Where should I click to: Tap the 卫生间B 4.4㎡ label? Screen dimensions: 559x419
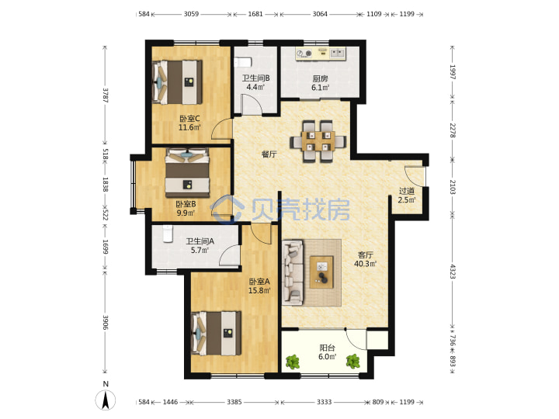point(255,83)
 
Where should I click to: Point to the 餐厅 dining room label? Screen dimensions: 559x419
point(269,154)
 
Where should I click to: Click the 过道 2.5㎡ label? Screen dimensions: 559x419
point(406,196)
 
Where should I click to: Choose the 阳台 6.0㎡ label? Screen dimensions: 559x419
point(327,351)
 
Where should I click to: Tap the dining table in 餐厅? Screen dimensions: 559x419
point(318,141)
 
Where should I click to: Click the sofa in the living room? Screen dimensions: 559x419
point(293,272)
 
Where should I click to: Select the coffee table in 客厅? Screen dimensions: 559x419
point(321,272)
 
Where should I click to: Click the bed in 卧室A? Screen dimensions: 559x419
point(216,333)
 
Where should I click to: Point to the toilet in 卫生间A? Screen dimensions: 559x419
point(168,234)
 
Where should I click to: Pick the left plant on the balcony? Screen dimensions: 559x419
point(293,362)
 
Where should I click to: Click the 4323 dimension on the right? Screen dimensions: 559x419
point(453,272)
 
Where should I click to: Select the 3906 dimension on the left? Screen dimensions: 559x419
point(105,322)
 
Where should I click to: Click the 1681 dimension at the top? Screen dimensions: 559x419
point(255,14)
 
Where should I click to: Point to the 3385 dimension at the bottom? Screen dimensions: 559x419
point(234,402)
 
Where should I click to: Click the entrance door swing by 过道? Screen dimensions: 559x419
point(415,176)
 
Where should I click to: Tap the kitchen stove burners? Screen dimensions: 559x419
point(304,54)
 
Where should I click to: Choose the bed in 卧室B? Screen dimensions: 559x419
point(187,172)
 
